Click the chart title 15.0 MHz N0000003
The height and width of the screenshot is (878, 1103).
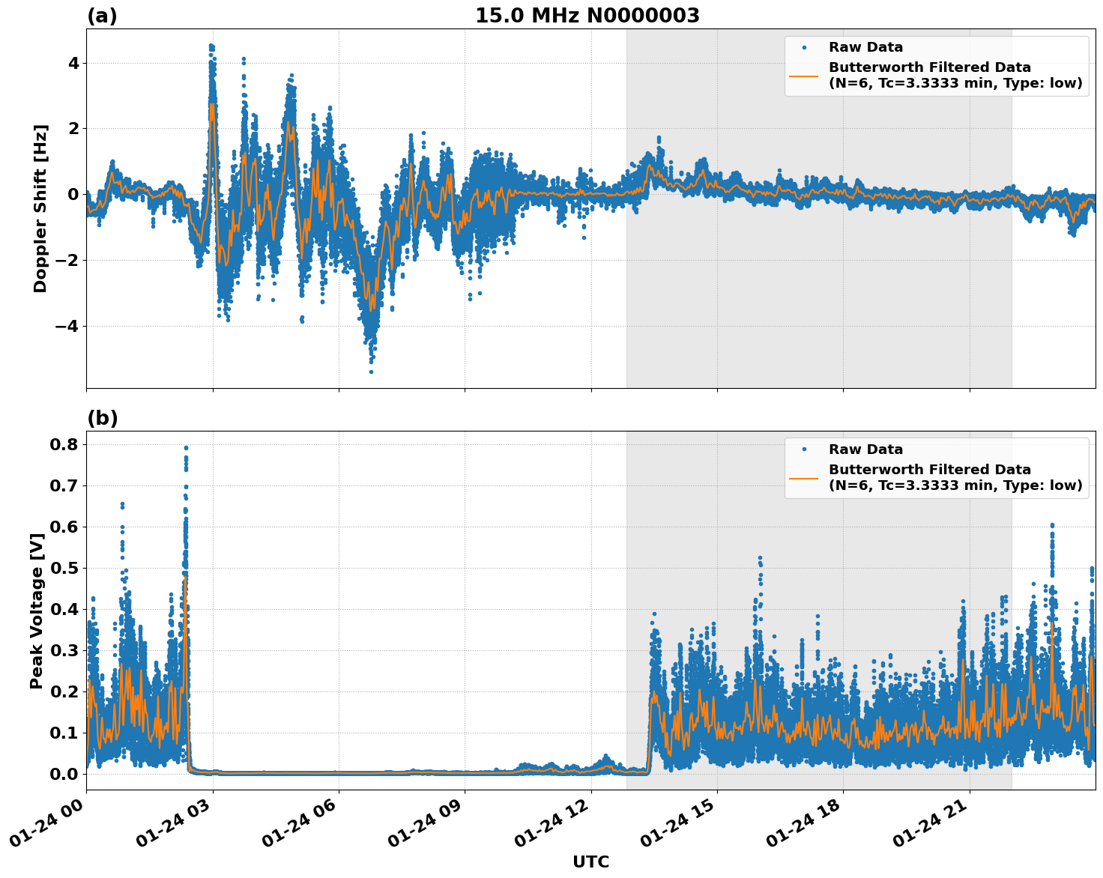point(587,16)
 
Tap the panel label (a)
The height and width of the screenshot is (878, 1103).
point(102,16)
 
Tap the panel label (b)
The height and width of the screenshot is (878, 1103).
point(102,418)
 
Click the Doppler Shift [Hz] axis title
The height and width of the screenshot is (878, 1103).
point(40,208)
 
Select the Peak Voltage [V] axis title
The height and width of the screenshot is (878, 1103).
point(37,611)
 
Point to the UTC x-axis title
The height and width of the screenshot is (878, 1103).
point(590,862)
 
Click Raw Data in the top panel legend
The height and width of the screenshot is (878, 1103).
point(865,47)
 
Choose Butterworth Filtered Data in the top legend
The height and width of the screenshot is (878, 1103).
point(929,67)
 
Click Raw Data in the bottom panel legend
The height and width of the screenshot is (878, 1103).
point(865,449)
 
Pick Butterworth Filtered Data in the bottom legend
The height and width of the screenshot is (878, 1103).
point(929,470)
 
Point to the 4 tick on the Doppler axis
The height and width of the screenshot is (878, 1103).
point(73,63)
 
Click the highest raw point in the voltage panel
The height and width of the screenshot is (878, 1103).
point(186,448)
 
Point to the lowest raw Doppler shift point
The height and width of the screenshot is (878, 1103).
point(370,372)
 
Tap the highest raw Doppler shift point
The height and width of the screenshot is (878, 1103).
point(211,46)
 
